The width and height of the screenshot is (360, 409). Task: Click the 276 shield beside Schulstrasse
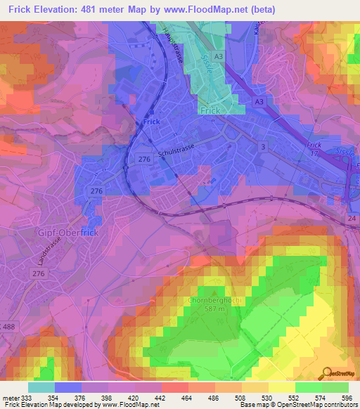[x=146, y=161]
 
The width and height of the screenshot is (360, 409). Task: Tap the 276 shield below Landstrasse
[x=39, y=273]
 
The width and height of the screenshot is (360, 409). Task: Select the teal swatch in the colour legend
[x=41, y=387]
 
